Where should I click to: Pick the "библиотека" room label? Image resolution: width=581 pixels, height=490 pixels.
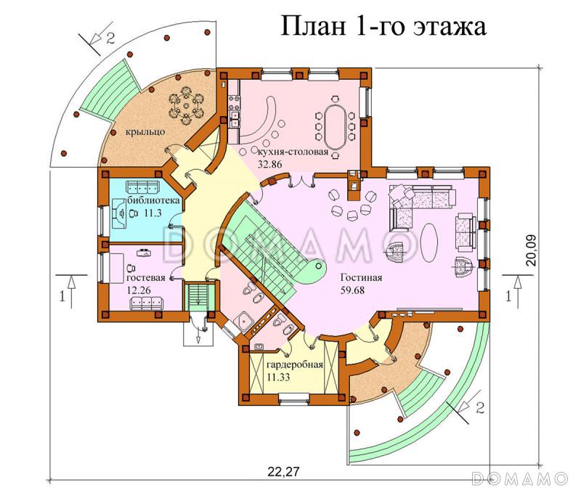click(x=149, y=200)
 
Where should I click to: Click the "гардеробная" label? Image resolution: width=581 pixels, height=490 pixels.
click(x=294, y=364)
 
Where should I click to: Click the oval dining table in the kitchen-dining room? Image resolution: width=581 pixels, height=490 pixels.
click(x=335, y=127)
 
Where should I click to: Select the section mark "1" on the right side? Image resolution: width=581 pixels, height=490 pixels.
click(x=508, y=296)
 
